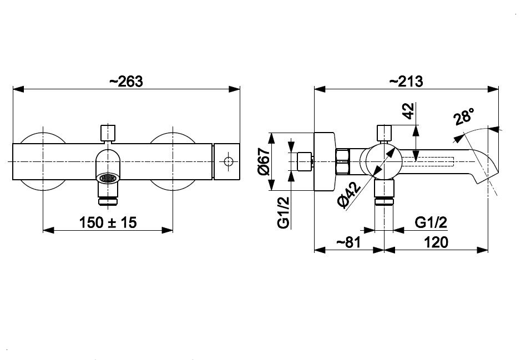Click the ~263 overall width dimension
pos(126,82)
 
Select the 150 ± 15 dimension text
pos(108,222)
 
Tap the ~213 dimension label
pos(406,82)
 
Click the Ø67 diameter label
pos(264,161)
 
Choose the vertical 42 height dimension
pos(409,111)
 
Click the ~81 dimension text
pos(349,242)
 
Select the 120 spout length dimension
pos(436,242)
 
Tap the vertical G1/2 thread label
pos(284,212)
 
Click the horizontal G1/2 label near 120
pos(431,222)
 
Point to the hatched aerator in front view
pos(108,178)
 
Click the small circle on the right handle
pos(228,161)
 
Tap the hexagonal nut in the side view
pos(344,161)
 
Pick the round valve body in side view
pos(384,161)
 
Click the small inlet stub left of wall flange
pos(305,161)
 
